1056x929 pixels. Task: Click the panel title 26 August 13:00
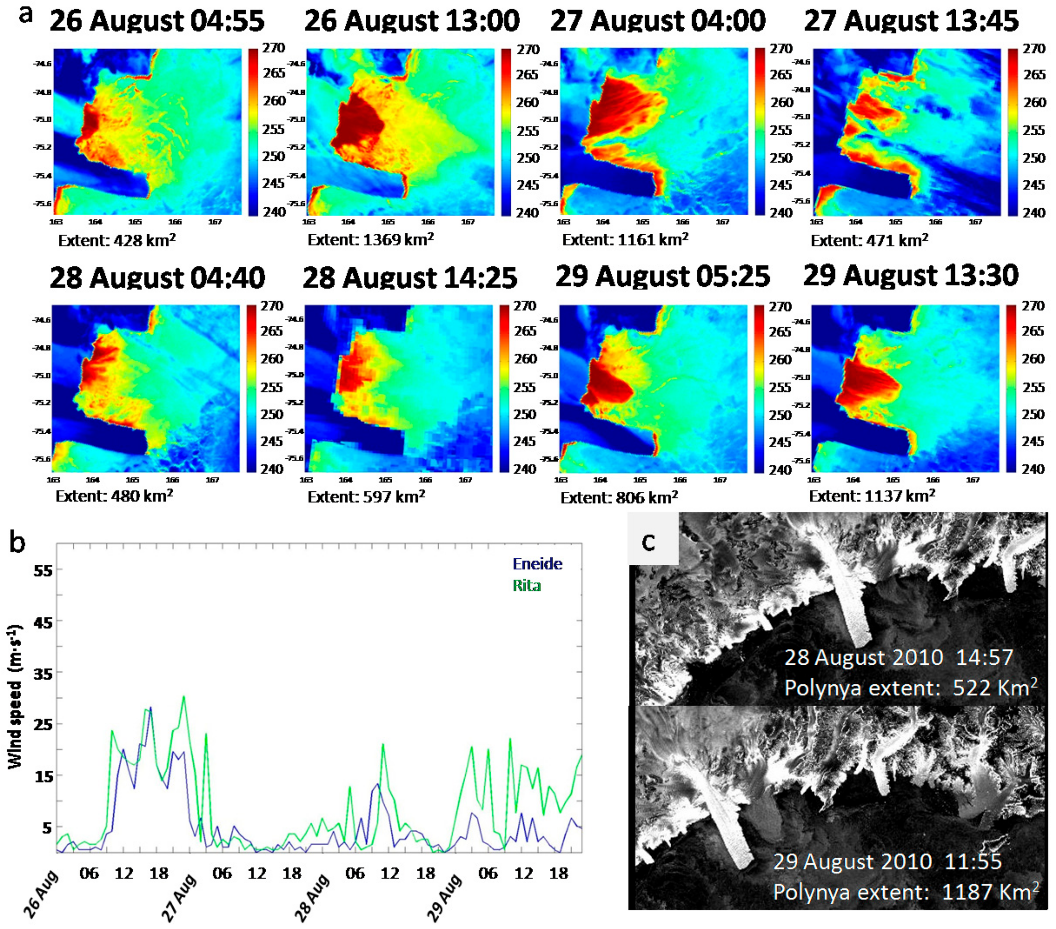coord(412,21)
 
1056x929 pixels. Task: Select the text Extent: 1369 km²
coord(371,240)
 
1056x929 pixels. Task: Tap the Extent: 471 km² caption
coord(870,240)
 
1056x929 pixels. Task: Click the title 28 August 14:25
coord(410,278)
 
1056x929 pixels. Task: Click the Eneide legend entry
coord(537,564)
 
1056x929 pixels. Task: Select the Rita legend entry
coord(526,585)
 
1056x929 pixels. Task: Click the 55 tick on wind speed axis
coord(43,570)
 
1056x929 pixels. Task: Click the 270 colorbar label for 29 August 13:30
coord(1033,306)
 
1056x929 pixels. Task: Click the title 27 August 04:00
coord(658,21)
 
